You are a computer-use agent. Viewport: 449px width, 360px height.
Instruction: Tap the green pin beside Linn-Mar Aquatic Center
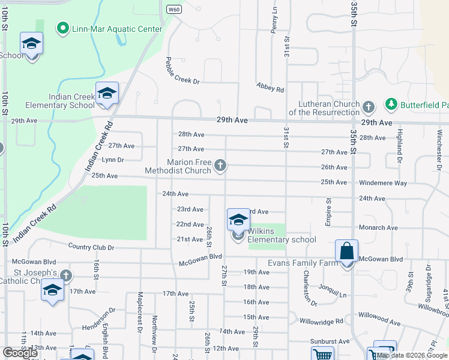(62, 28)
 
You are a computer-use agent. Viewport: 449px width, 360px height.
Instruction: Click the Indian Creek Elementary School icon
(107, 94)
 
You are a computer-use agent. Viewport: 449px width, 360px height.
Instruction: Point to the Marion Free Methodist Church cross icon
(221, 165)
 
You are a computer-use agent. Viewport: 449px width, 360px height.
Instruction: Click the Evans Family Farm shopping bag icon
(347, 251)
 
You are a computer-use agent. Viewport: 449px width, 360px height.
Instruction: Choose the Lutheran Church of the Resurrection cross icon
(368, 107)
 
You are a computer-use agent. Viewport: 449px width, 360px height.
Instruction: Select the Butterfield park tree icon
(391, 105)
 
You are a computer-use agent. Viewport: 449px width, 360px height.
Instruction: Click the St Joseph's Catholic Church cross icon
(66, 277)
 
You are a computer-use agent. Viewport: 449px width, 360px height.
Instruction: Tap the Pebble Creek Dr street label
(182, 71)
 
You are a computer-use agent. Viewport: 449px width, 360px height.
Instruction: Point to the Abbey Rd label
(270, 88)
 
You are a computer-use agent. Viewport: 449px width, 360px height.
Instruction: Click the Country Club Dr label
(91, 247)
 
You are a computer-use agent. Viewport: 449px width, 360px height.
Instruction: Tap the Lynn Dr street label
(113, 160)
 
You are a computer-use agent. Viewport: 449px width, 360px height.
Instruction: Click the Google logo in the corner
(20, 353)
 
